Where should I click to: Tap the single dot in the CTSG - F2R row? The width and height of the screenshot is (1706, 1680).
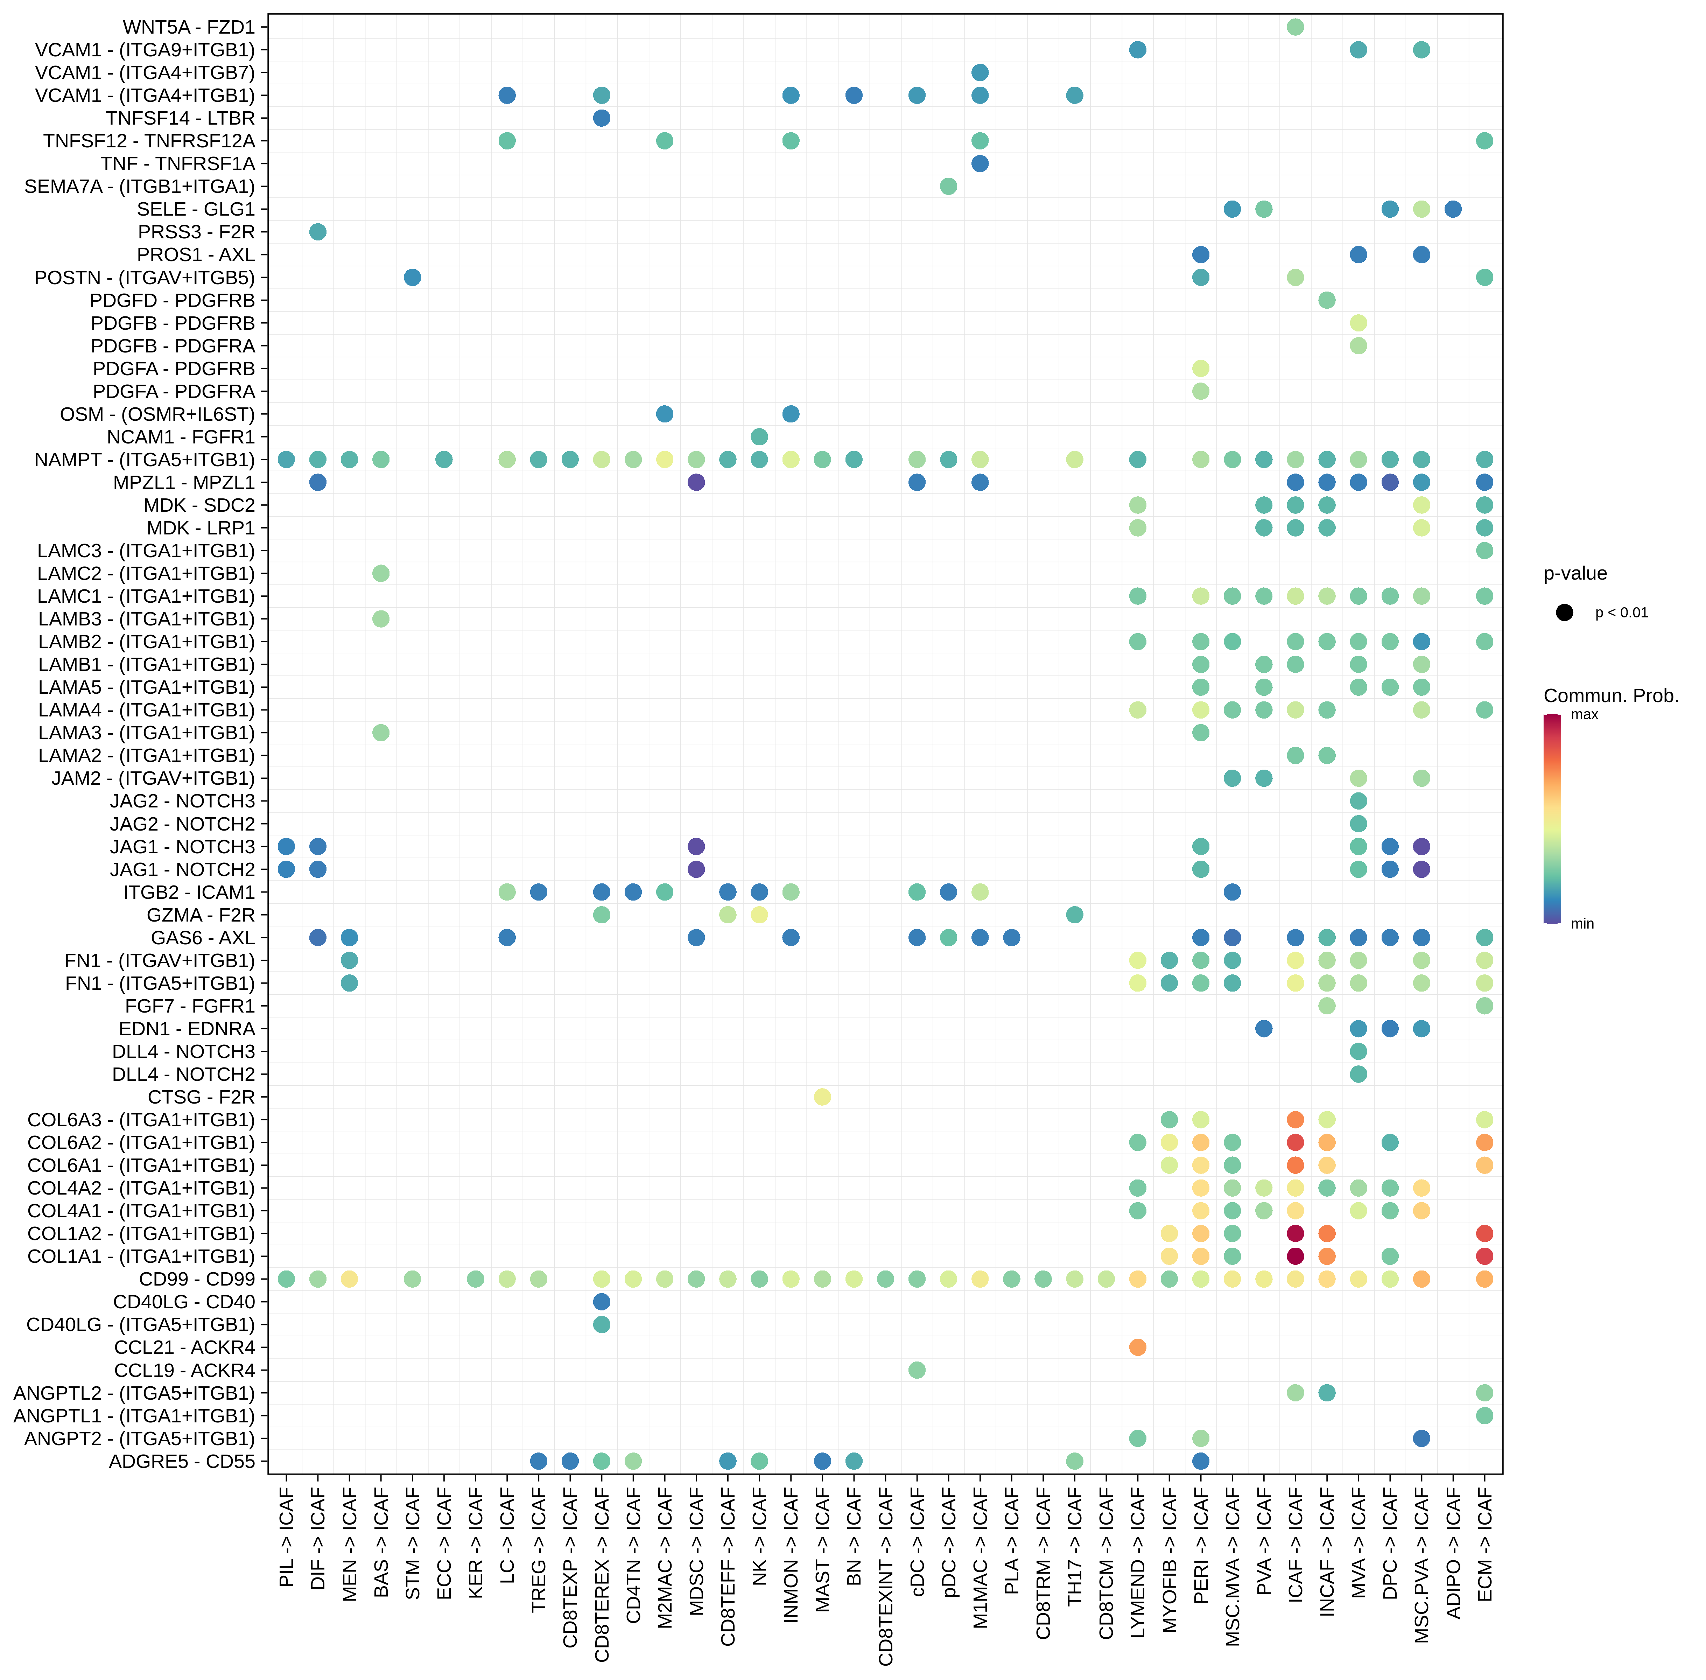[x=822, y=1097]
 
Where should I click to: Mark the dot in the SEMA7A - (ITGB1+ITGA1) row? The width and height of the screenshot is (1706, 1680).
[x=948, y=186]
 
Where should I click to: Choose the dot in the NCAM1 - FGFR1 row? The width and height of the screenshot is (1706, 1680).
[x=759, y=437]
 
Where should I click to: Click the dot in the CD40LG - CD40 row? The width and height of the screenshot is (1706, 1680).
[x=602, y=1301]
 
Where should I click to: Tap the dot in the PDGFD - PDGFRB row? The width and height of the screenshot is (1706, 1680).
[x=1327, y=300]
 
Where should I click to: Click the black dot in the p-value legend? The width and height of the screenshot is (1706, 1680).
[x=1564, y=612]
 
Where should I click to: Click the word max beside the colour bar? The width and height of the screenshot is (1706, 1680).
[x=1584, y=715]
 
